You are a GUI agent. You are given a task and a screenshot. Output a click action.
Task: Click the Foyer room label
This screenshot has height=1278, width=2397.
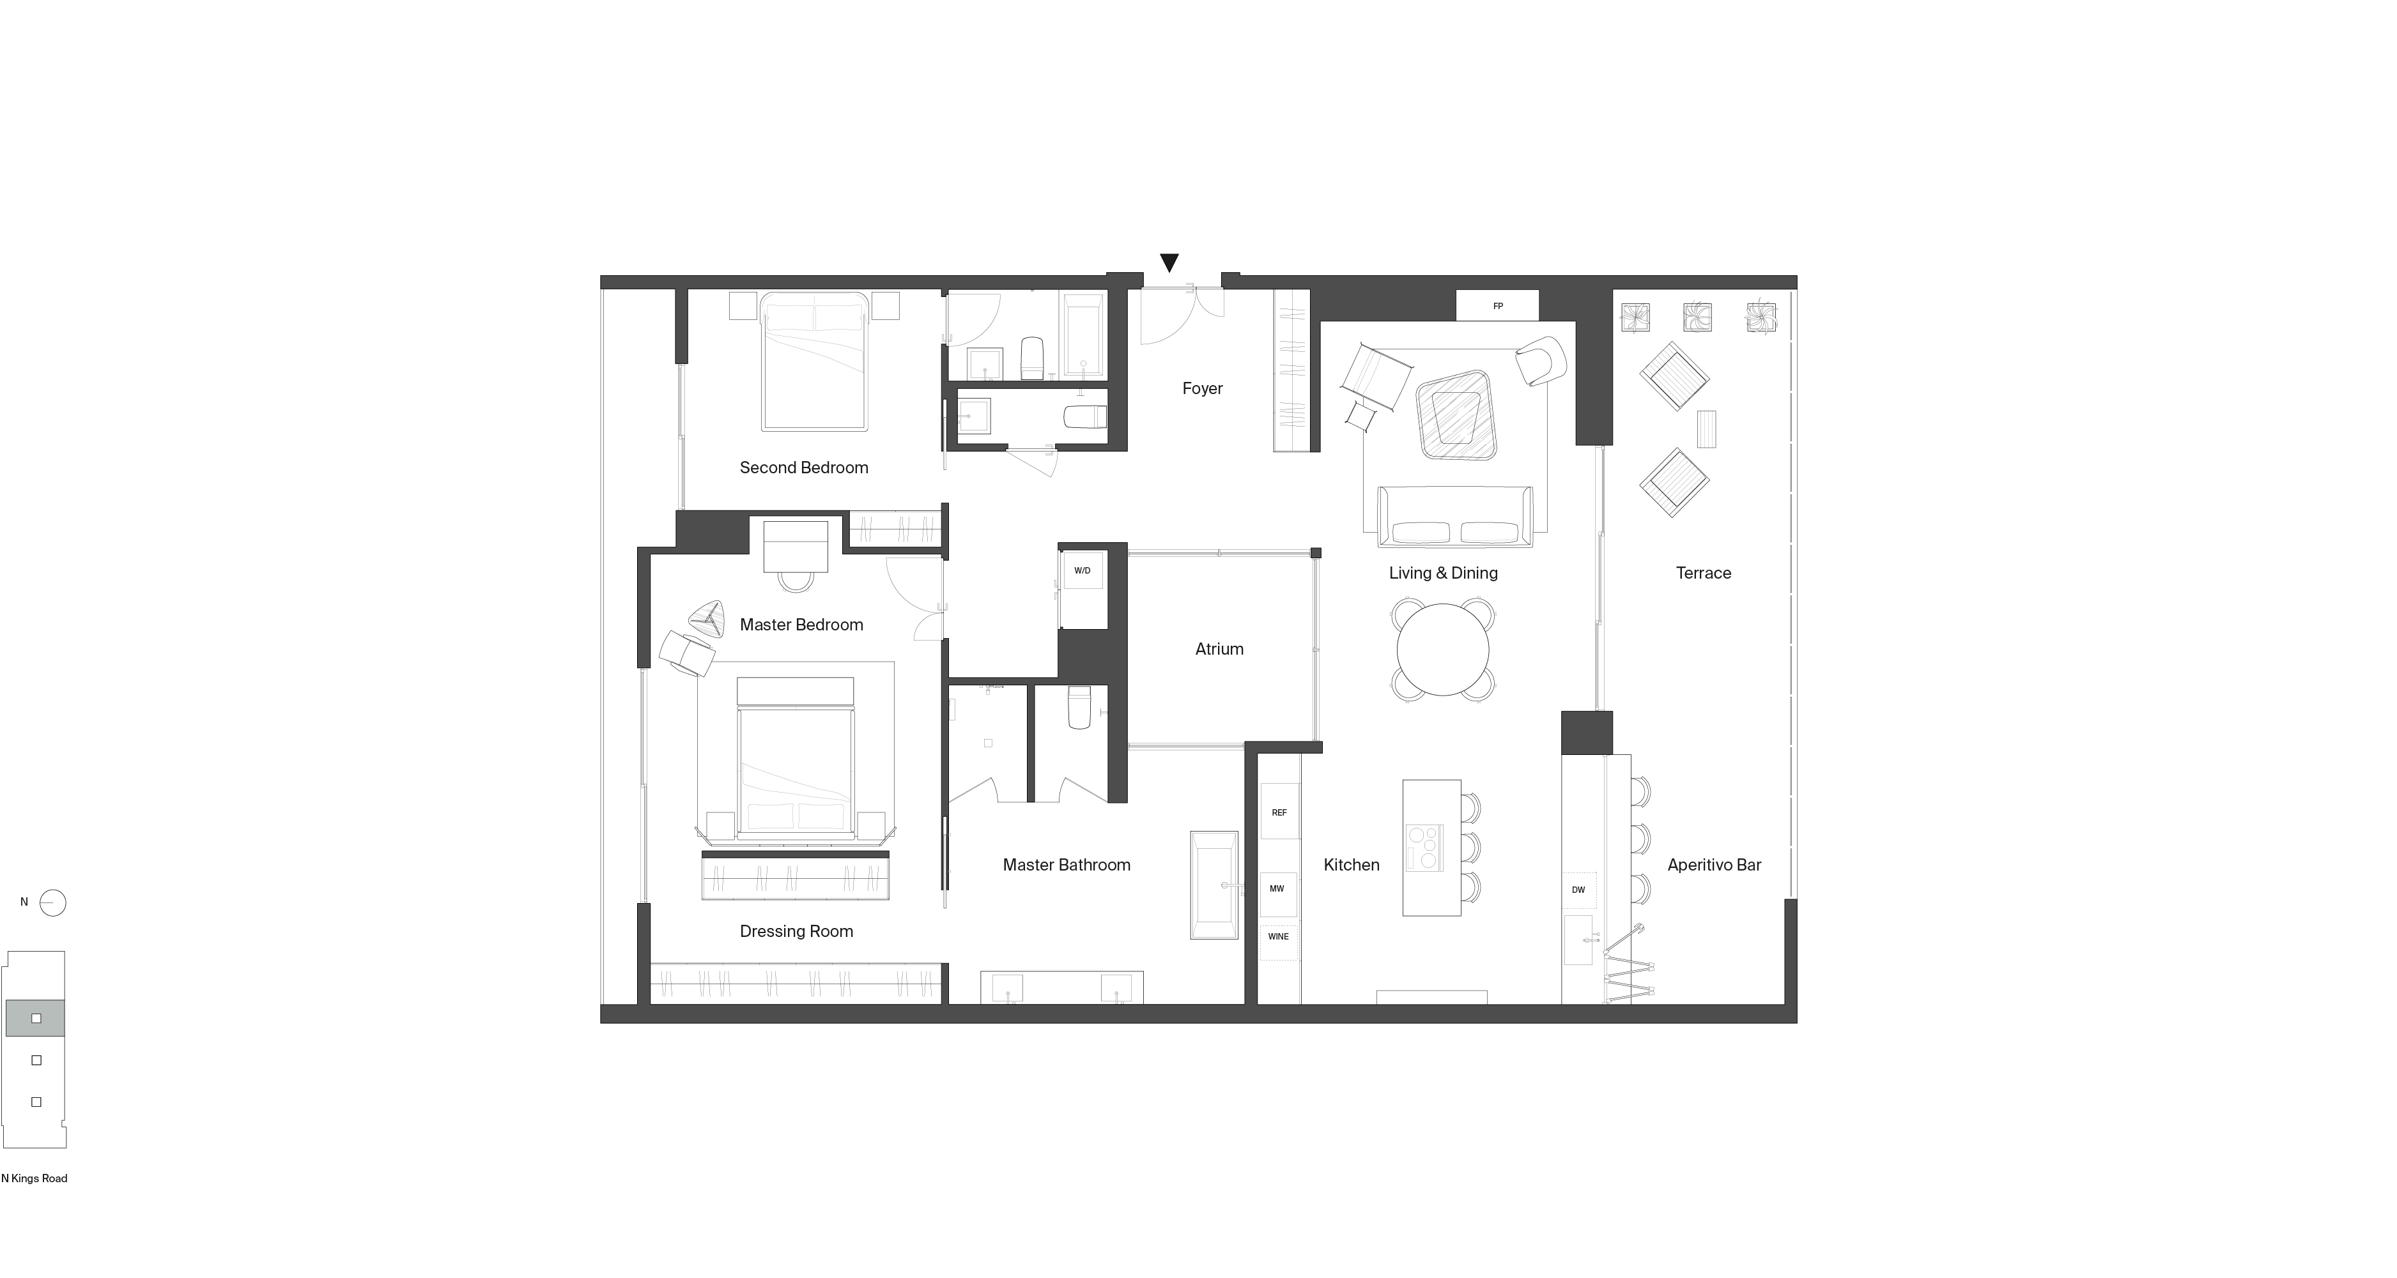[x=1202, y=389]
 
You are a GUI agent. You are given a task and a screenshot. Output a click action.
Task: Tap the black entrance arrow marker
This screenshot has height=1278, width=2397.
[x=1169, y=263]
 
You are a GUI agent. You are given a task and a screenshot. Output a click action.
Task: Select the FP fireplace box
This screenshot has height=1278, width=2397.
[x=1497, y=306]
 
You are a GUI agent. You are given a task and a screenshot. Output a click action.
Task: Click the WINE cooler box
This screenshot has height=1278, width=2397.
[x=1279, y=938]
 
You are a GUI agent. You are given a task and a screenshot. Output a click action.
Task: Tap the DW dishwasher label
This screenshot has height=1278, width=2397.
[x=1578, y=890]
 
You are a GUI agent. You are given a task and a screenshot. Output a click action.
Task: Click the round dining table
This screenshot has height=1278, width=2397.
[x=1442, y=650]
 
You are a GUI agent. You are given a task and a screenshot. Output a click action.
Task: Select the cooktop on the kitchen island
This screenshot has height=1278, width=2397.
[x=1424, y=848]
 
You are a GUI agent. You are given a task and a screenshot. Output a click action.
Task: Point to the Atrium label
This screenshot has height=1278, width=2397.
[x=1219, y=650]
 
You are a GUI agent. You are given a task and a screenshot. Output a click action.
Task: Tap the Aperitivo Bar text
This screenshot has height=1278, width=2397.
[x=1714, y=865]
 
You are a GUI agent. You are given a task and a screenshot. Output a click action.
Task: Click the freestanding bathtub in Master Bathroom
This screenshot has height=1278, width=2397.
[x=1214, y=885]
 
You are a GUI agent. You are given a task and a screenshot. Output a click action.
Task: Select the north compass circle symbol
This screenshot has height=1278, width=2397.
[x=53, y=903]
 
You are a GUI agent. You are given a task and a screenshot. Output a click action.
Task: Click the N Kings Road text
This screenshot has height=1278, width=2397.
[x=35, y=1178]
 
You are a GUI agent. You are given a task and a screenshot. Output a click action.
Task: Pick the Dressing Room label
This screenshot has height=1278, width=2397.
[x=796, y=931]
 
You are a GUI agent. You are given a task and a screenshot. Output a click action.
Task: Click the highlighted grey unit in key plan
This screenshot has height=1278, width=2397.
[x=35, y=1019]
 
